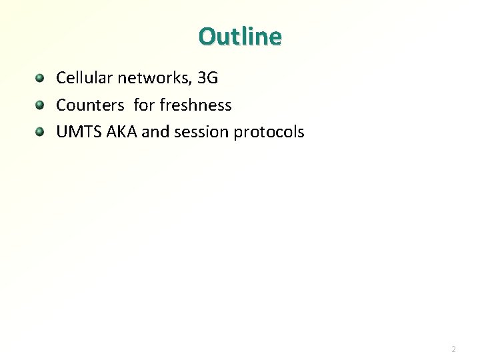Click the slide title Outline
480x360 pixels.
coord(240,36)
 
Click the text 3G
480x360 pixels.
coord(208,78)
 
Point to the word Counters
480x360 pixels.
coord(90,105)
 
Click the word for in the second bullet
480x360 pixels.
coord(144,105)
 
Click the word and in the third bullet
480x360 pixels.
coord(156,132)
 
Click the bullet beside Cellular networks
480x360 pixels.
coord(41,79)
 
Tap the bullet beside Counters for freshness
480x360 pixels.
coord(41,105)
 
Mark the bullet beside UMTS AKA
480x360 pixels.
coord(41,132)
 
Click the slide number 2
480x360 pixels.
coord(453,349)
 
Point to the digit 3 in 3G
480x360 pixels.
coord(203,78)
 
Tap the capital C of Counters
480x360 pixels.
coord(61,105)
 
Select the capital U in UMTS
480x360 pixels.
coord(61,132)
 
